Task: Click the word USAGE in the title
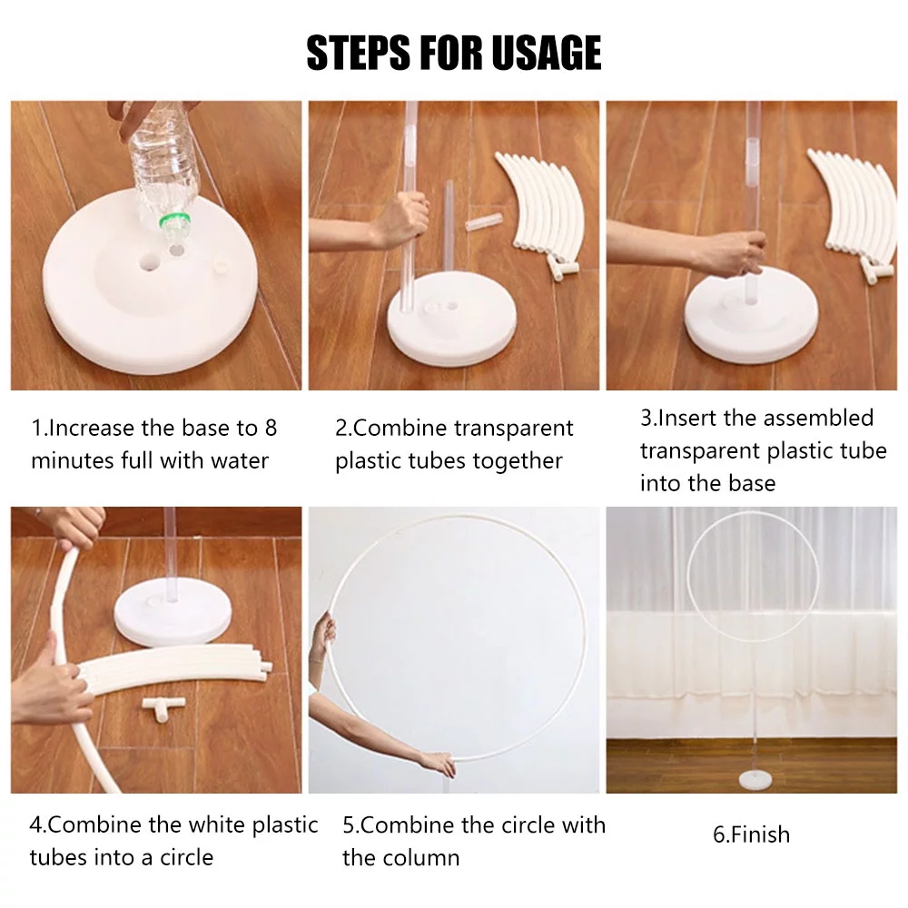click(x=546, y=53)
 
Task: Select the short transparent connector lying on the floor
click(x=483, y=222)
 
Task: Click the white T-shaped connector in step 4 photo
click(x=163, y=707)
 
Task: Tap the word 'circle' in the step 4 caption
click(x=186, y=857)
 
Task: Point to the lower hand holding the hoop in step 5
click(x=438, y=764)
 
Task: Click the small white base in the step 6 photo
click(x=755, y=779)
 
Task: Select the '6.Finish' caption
click(x=751, y=834)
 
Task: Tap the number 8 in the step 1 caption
click(x=271, y=429)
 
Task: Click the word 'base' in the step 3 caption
click(x=752, y=483)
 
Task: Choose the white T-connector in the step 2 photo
click(x=563, y=269)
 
